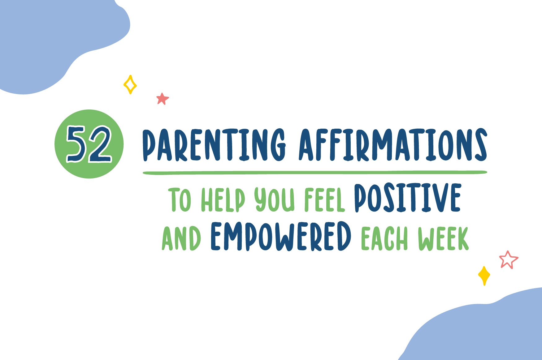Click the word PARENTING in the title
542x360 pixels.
(x=214, y=145)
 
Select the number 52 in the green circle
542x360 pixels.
(x=89, y=144)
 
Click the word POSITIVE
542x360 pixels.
(x=408, y=198)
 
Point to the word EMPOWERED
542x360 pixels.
(x=281, y=236)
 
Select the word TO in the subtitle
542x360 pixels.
(x=180, y=200)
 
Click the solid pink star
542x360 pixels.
(x=163, y=99)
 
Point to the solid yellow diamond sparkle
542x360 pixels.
(x=484, y=276)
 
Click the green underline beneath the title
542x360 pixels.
(x=315, y=173)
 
